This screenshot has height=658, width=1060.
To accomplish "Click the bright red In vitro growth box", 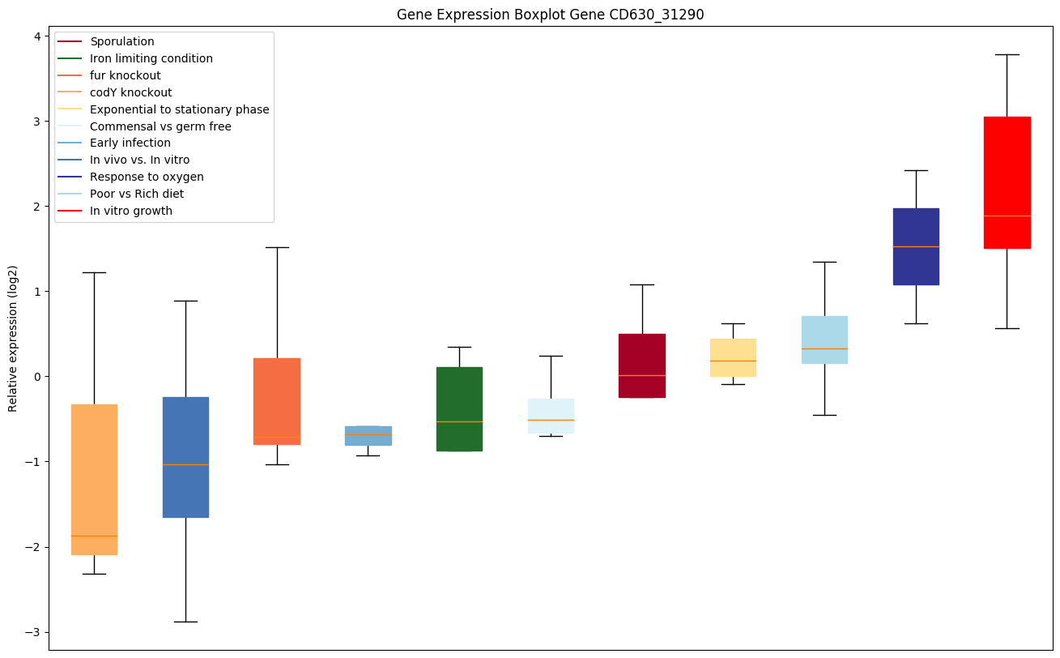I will pyautogui.click(x=1007, y=182).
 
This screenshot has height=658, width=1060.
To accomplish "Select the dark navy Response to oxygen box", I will pyautogui.click(x=915, y=246).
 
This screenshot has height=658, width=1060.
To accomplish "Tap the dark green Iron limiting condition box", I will pyautogui.click(x=459, y=408).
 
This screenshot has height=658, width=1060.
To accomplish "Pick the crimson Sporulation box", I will pyautogui.click(x=641, y=365).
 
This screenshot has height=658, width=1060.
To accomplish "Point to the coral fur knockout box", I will pyautogui.click(x=277, y=401).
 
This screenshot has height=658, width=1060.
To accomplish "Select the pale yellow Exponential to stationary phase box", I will pyautogui.click(x=733, y=357).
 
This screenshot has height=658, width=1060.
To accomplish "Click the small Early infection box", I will pyautogui.click(x=368, y=435).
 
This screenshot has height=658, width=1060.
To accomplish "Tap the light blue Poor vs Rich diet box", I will pyautogui.click(x=824, y=340).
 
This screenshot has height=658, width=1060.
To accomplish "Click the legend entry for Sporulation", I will pyautogui.click(x=122, y=41).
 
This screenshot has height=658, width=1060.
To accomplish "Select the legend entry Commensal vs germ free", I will pyautogui.click(x=160, y=126).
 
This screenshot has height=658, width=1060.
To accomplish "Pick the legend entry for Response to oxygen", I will pyautogui.click(x=147, y=177).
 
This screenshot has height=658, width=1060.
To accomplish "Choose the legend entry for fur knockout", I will pyautogui.click(x=126, y=75).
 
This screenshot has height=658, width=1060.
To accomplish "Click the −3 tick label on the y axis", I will pyautogui.click(x=32, y=632).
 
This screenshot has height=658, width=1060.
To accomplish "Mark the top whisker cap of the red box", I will pyautogui.click(x=1007, y=54).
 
